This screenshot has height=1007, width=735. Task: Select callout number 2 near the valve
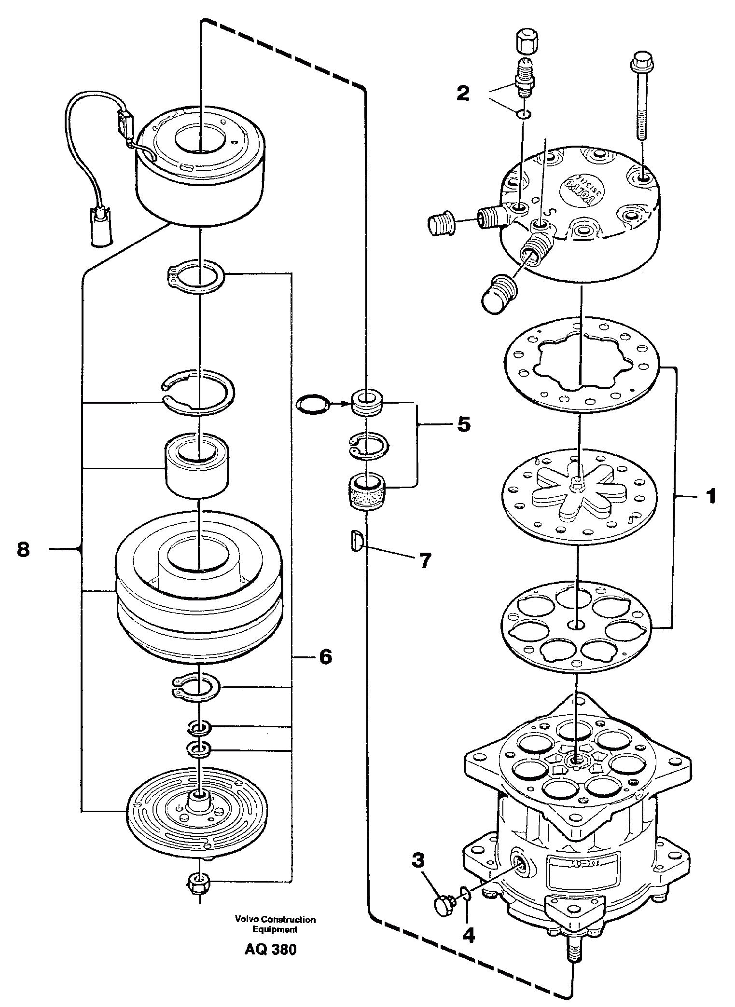point(463,94)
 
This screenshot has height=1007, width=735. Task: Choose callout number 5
point(463,424)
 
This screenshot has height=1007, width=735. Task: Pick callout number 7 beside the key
point(424,560)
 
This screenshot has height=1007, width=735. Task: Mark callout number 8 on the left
point(23,549)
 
